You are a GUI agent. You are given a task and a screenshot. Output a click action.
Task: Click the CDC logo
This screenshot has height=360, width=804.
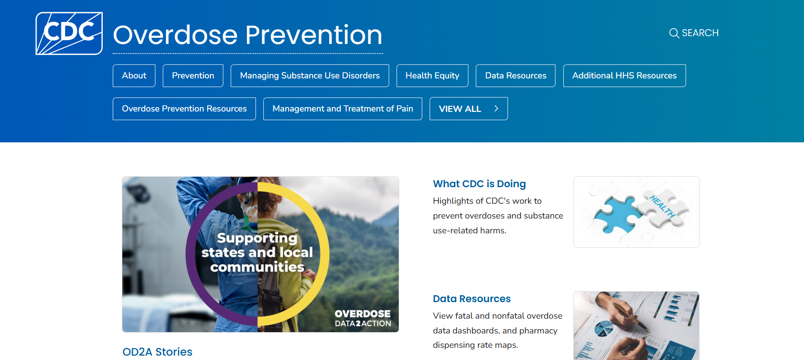(x=69, y=34)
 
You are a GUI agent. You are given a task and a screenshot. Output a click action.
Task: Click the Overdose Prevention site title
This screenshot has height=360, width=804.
(x=248, y=35)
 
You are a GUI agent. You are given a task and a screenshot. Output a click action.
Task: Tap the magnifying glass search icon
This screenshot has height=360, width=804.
(x=674, y=33)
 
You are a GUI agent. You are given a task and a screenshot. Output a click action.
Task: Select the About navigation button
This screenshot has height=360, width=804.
(x=134, y=76)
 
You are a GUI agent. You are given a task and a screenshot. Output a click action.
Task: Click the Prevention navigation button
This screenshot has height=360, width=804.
(x=193, y=76)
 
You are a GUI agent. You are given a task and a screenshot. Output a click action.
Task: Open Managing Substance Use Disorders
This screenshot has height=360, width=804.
(x=310, y=76)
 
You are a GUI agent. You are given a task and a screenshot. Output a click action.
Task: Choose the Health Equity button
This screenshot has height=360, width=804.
(x=432, y=76)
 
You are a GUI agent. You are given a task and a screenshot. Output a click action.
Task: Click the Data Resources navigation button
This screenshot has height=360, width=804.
(x=515, y=76)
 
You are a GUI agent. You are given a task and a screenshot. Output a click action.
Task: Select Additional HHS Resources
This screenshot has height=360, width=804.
(x=624, y=76)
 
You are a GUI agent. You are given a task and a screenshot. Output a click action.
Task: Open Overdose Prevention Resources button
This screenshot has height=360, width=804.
(x=184, y=109)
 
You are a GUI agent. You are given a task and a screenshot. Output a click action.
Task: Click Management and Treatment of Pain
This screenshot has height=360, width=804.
(x=343, y=109)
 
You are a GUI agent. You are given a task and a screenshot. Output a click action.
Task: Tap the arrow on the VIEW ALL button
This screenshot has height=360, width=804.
(x=496, y=109)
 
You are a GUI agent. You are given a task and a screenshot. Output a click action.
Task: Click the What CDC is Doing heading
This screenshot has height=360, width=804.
(x=479, y=184)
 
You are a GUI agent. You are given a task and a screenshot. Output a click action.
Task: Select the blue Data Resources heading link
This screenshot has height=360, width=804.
(x=471, y=299)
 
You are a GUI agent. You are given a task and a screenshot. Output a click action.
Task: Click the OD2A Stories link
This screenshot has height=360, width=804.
(x=157, y=352)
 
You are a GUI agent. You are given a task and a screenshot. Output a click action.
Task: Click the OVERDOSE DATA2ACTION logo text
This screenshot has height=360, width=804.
(x=363, y=318)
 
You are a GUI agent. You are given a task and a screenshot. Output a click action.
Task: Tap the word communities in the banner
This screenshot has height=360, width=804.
(x=257, y=267)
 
